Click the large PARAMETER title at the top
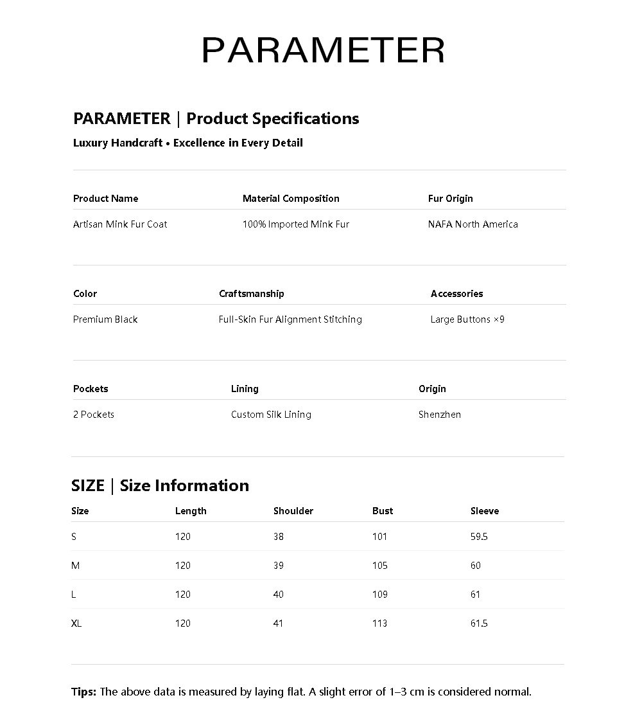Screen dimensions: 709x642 click(x=323, y=50)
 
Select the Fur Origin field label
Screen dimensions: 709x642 click(x=450, y=199)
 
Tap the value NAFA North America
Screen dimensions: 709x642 click(x=473, y=224)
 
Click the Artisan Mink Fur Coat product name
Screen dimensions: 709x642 click(x=120, y=224)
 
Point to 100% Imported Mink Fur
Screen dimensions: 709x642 click(x=295, y=224)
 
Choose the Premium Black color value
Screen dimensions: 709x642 click(x=105, y=319)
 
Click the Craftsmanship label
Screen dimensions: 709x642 click(x=251, y=294)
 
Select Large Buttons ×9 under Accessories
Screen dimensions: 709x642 click(x=467, y=319)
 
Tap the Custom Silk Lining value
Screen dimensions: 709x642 click(x=271, y=415)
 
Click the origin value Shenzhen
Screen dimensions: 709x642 click(x=439, y=415)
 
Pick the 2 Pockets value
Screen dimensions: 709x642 click(x=94, y=415)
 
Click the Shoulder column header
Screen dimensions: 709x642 click(x=293, y=511)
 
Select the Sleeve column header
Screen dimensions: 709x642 click(x=484, y=511)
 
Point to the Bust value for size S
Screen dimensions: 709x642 click(x=379, y=537)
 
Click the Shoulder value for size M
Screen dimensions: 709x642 click(x=278, y=566)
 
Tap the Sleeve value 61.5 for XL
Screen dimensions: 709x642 click(x=479, y=624)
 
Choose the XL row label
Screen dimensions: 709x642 click(x=76, y=624)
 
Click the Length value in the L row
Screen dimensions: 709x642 click(x=183, y=595)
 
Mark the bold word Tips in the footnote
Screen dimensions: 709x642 click(x=83, y=692)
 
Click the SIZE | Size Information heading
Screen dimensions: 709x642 click(x=160, y=485)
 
